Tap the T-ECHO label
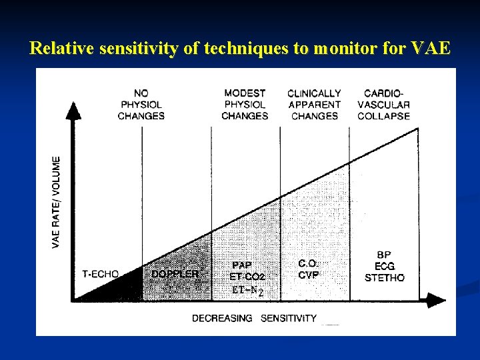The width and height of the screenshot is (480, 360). pos(101,273)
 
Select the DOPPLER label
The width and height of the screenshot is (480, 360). pos(175,273)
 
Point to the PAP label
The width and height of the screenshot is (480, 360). pos(242,265)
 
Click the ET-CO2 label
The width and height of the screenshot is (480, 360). pos(247,277)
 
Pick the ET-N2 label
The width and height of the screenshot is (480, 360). pos(247,290)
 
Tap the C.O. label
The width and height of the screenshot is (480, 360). pos(307,264)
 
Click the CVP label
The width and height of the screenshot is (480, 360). pos(309,275)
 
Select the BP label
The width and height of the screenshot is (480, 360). pos(384,255)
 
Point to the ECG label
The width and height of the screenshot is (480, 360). pos(384,266)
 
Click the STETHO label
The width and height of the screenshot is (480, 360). pos(384,277)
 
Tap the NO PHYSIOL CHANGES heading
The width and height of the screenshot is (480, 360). pos(141,105)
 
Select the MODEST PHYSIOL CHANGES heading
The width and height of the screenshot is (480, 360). pos(245,105)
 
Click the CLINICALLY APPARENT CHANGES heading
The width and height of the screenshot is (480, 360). pos(314,105)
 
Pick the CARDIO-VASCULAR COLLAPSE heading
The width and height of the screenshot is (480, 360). pos(383,105)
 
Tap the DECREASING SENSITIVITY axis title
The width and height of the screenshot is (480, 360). pos(254,319)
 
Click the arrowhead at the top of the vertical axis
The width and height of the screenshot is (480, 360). pos(75,109)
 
